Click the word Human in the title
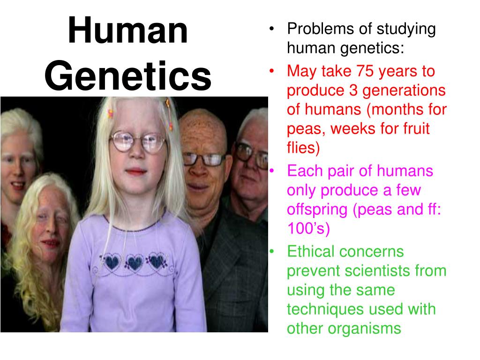point(127,31)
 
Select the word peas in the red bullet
point(303,128)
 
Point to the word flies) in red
point(303,148)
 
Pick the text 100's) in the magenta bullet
point(308,229)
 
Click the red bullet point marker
point(272,71)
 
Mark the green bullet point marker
point(272,252)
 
